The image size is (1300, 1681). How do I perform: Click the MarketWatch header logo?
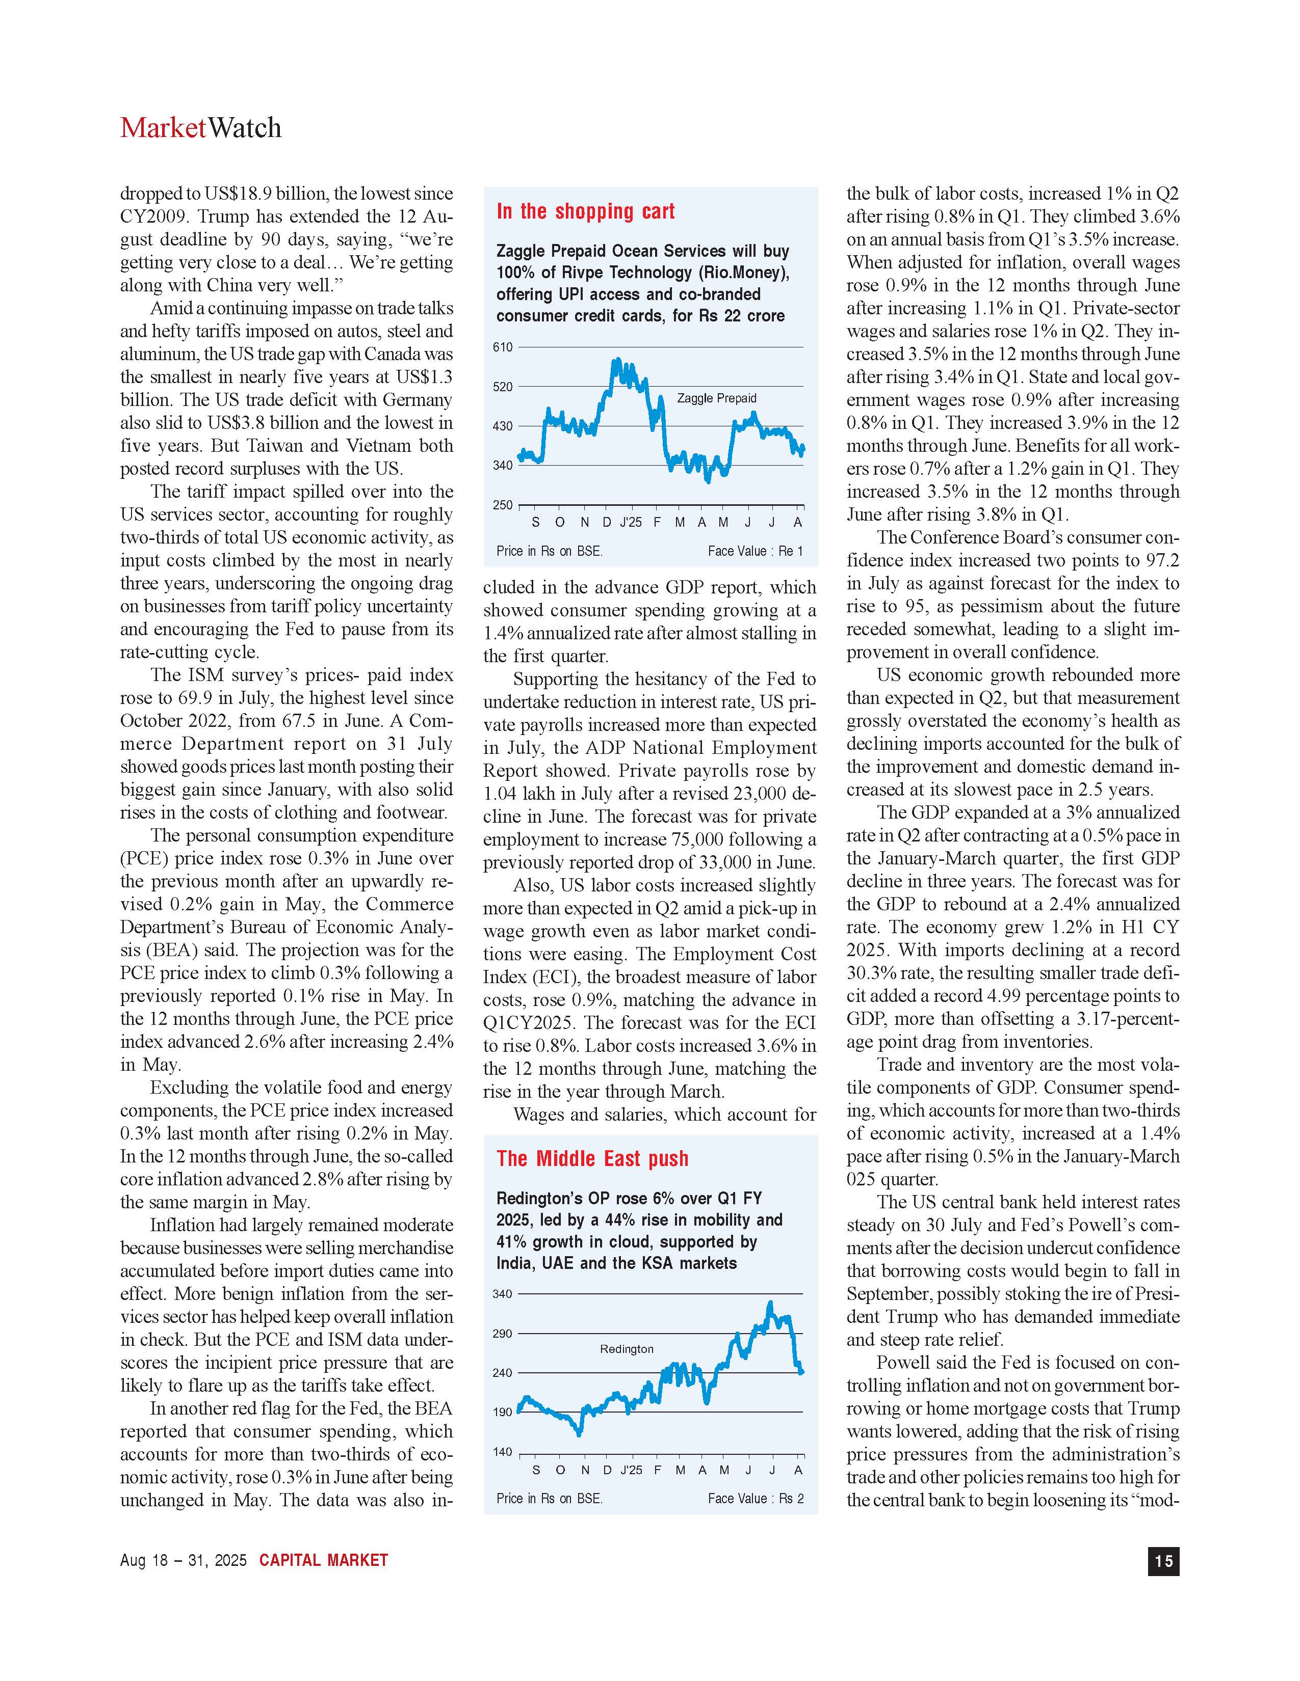click(x=200, y=128)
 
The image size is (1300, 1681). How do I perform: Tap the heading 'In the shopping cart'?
click(x=585, y=212)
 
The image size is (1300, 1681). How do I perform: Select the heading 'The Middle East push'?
click(x=592, y=1159)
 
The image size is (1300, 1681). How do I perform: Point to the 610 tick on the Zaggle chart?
click(x=502, y=347)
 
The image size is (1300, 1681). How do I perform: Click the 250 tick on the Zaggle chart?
click(x=502, y=505)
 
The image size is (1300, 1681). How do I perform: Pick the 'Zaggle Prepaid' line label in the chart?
click(x=716, y=398)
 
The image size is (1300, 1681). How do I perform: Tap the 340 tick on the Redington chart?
click(x=502, y=1294)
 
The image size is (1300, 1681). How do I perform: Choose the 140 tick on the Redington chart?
click(x=502, y=1452)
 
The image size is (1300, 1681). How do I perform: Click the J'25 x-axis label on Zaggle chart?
click(x=630, y=523)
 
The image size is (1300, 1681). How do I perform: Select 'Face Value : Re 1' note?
click(x=755, y=551)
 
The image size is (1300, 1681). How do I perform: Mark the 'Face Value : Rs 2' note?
click(x=755, y=1499)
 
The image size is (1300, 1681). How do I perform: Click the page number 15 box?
click(x=1163, y=1560)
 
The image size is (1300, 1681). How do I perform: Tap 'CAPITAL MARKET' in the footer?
click(x=323, y=1560)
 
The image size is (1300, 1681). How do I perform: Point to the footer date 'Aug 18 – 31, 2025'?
click(x=184, y=1560)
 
